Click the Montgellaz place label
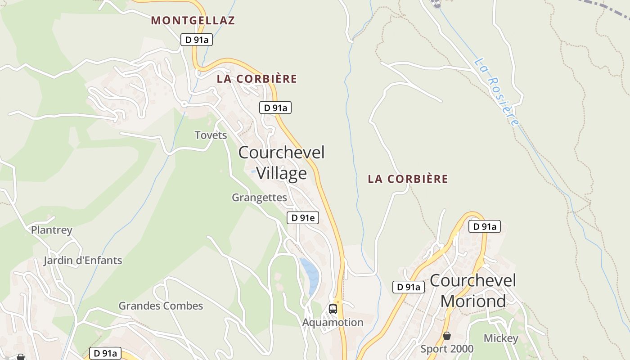click(193, 20)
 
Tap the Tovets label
click(211, 135)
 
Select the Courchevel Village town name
click(281, 162)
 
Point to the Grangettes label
click(259, 198)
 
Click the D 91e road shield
click(303, 218)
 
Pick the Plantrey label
click(51, 230)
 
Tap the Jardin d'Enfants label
click(83, 261)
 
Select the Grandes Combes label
click(161, 306)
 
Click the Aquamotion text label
click(333, 322)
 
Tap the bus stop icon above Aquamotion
click(333, 309)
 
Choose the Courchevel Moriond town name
click(473, 290)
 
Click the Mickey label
click(501, 338)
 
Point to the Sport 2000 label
click(447, 349)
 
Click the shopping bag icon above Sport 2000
click(447, 336)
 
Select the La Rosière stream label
click(497, 92)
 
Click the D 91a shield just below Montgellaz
click(197, 40)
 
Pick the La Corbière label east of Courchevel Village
click(408, 179)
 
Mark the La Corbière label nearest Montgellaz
click(257, 79)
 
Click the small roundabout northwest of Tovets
click(184, 104)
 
